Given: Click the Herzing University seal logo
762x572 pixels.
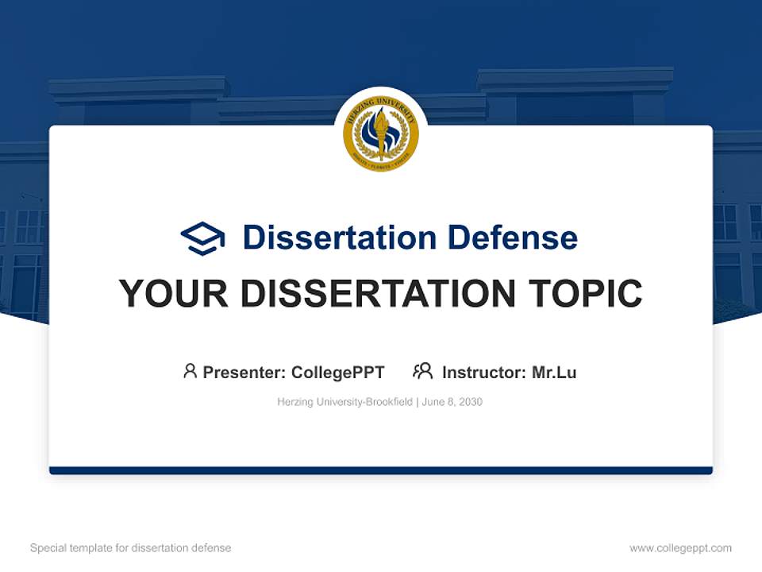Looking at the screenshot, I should (381, 134).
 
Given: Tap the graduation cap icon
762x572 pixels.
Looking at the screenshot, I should (202, 238).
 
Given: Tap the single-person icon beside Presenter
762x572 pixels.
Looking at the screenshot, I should (190, 371).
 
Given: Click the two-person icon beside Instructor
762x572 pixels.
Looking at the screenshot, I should (423, 371).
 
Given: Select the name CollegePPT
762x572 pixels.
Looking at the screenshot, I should (337, 372).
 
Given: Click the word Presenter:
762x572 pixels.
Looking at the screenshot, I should (244, 372).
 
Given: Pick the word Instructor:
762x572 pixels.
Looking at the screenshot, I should (483, 372).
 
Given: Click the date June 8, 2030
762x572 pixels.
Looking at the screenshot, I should (452, 402).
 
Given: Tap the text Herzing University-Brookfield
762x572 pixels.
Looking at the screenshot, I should (344, 402).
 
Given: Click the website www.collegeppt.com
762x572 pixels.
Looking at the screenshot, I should (680, 548).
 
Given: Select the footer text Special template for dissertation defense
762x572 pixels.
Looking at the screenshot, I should (131, 548).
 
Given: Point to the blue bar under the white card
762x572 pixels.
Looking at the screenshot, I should (381, 470).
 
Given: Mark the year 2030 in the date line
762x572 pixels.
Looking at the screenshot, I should (471, 402).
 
